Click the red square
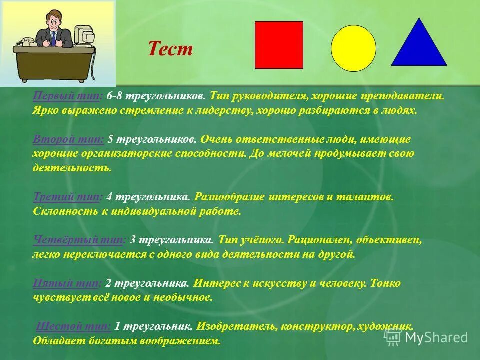coord(279,45)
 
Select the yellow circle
coord(353,48)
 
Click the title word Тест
coord(170,49)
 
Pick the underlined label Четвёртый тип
coord(79,240)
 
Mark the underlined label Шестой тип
coord(74,327)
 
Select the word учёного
coord(263,240)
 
